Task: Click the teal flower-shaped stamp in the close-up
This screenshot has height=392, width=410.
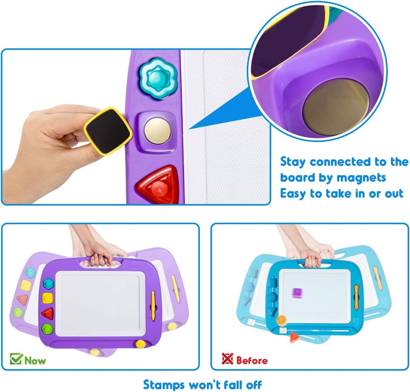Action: tap(157, 78)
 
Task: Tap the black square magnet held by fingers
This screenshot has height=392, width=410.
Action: tap(108, 131)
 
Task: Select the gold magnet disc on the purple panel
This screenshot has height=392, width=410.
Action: tap(157, 131)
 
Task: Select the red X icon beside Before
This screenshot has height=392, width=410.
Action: tap(227, 359)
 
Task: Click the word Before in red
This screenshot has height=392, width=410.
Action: tap(252, 360)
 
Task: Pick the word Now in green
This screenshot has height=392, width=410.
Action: tap(35, 361)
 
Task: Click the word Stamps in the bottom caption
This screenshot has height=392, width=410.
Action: tap(164, 385)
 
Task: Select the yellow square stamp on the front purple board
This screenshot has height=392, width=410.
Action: tap(48, 298)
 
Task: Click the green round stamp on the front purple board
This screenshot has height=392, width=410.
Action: tap(47, 329)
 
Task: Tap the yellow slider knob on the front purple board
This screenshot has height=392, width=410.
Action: tap(140, 344)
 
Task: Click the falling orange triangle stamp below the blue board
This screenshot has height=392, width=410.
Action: tap(295, 337)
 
